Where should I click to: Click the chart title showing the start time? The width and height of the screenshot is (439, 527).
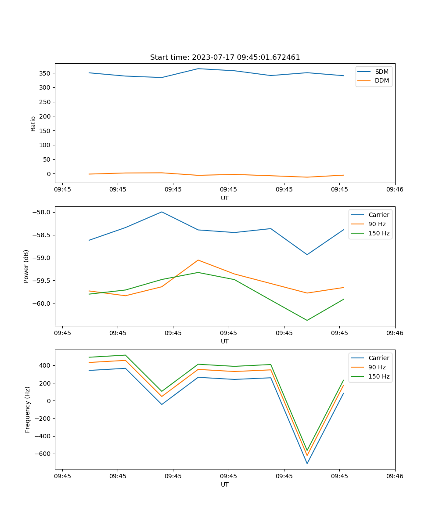pos(225,58)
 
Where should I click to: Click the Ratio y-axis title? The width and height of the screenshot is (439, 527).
pos(33,123)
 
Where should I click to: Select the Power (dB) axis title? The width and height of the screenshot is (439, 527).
pos(26,266)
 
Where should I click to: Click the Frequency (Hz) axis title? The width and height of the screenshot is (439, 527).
pos(28,409)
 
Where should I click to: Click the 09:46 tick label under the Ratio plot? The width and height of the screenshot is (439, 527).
pos(395,190)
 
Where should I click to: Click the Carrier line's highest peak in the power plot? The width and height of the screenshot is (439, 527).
pos(162,212)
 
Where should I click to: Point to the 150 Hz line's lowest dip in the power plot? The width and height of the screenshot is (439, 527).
pos(307,320)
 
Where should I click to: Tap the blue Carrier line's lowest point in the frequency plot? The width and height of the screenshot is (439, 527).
pos(307,463)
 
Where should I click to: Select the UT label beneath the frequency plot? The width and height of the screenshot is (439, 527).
pos(225,484)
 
